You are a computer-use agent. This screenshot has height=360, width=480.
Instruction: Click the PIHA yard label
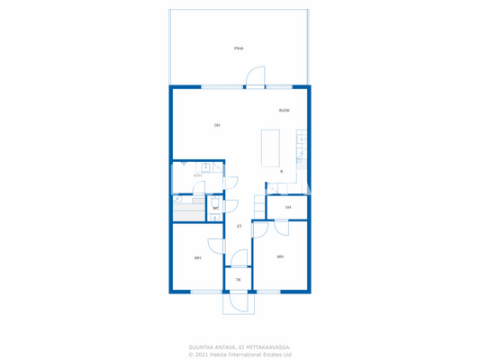[x=239, y=49]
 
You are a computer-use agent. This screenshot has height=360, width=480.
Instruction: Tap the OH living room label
[x=217, y=125]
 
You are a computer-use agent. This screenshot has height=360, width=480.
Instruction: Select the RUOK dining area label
[x=284, y=111]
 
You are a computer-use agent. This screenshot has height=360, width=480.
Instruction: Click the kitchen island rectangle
[x=270, y=148]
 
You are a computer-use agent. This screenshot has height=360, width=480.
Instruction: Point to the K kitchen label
[x=281, y=171]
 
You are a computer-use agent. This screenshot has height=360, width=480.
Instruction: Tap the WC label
[x=216, y=208]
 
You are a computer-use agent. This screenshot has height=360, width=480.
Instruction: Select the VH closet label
[x=288, y=207]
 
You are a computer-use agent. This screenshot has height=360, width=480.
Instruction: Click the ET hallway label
[x=240, y=226]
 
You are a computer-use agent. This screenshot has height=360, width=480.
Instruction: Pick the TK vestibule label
[x=239, y=280]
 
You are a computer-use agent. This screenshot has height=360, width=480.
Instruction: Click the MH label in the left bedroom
[x=197, y=257]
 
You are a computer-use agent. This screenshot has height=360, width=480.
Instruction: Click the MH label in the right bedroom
[x=280, y=256]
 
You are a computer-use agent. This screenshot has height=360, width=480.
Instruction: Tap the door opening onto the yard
[x=256, y=77]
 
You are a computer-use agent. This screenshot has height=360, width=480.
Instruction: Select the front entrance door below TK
[x=239, y=302]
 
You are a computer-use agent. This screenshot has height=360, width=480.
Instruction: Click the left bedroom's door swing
[x=217, y=246]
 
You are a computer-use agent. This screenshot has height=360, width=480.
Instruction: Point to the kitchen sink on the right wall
[x=302, y=140]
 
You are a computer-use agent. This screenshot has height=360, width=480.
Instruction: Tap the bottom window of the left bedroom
[x=205, y=292]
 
